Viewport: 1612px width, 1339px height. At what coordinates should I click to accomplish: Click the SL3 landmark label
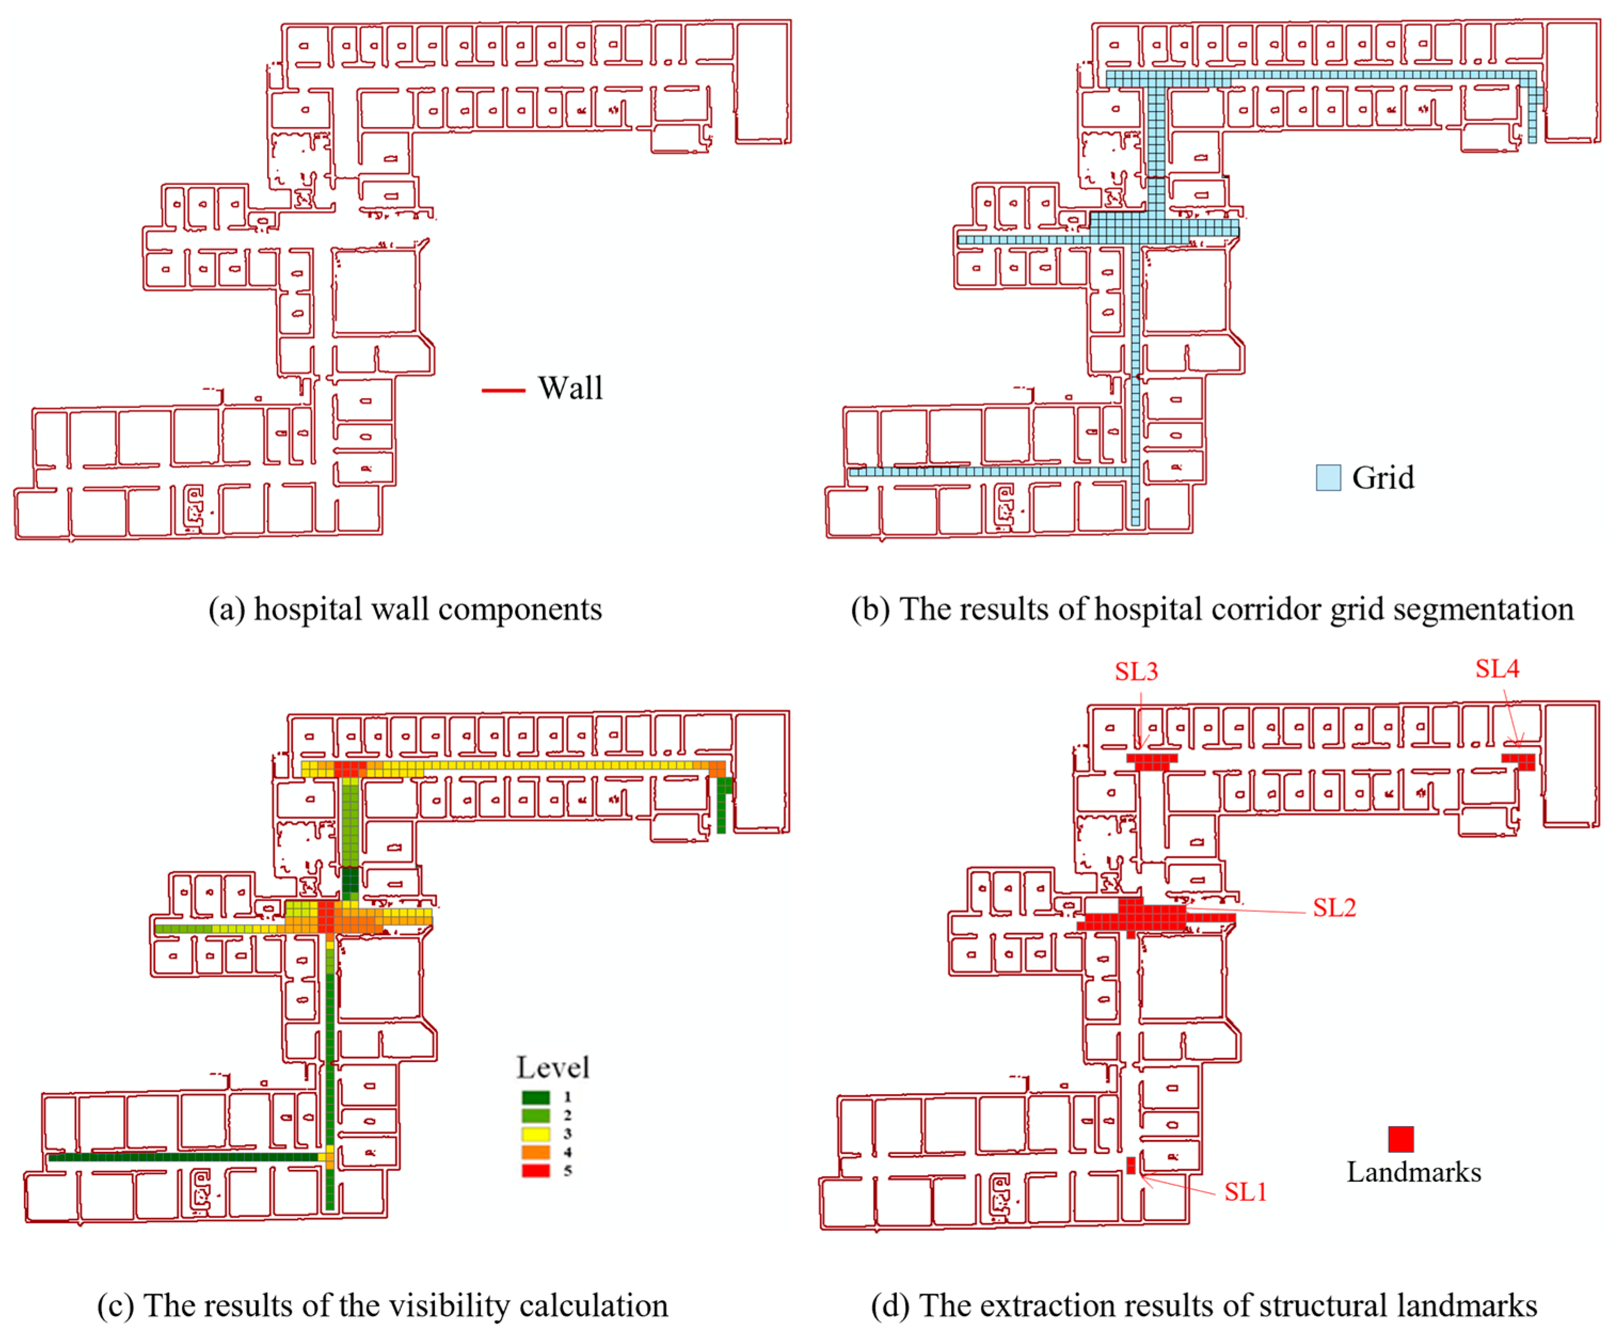tap(1136, 672)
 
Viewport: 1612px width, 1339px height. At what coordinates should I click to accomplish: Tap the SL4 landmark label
tap(1497, 669)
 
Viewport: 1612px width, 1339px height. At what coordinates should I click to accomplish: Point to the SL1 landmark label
tap(1245, 1192)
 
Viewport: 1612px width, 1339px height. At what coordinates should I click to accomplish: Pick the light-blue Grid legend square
tap(1329, 477)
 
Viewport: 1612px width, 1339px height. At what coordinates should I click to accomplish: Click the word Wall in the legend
tap(570, 388)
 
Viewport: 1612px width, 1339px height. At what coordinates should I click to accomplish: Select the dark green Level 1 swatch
tap(536, 1097)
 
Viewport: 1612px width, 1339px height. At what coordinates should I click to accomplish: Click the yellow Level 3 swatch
tap(536, 1134)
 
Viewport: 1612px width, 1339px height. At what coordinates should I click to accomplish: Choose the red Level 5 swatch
tap(536, 1171)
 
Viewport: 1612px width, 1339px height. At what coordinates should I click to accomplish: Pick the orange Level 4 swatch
tap(536, 1152)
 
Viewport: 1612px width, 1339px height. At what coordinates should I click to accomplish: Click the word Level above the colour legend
tap(553, 1067)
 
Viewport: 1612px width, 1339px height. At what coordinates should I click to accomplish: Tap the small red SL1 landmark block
tap(1131, 1165)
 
